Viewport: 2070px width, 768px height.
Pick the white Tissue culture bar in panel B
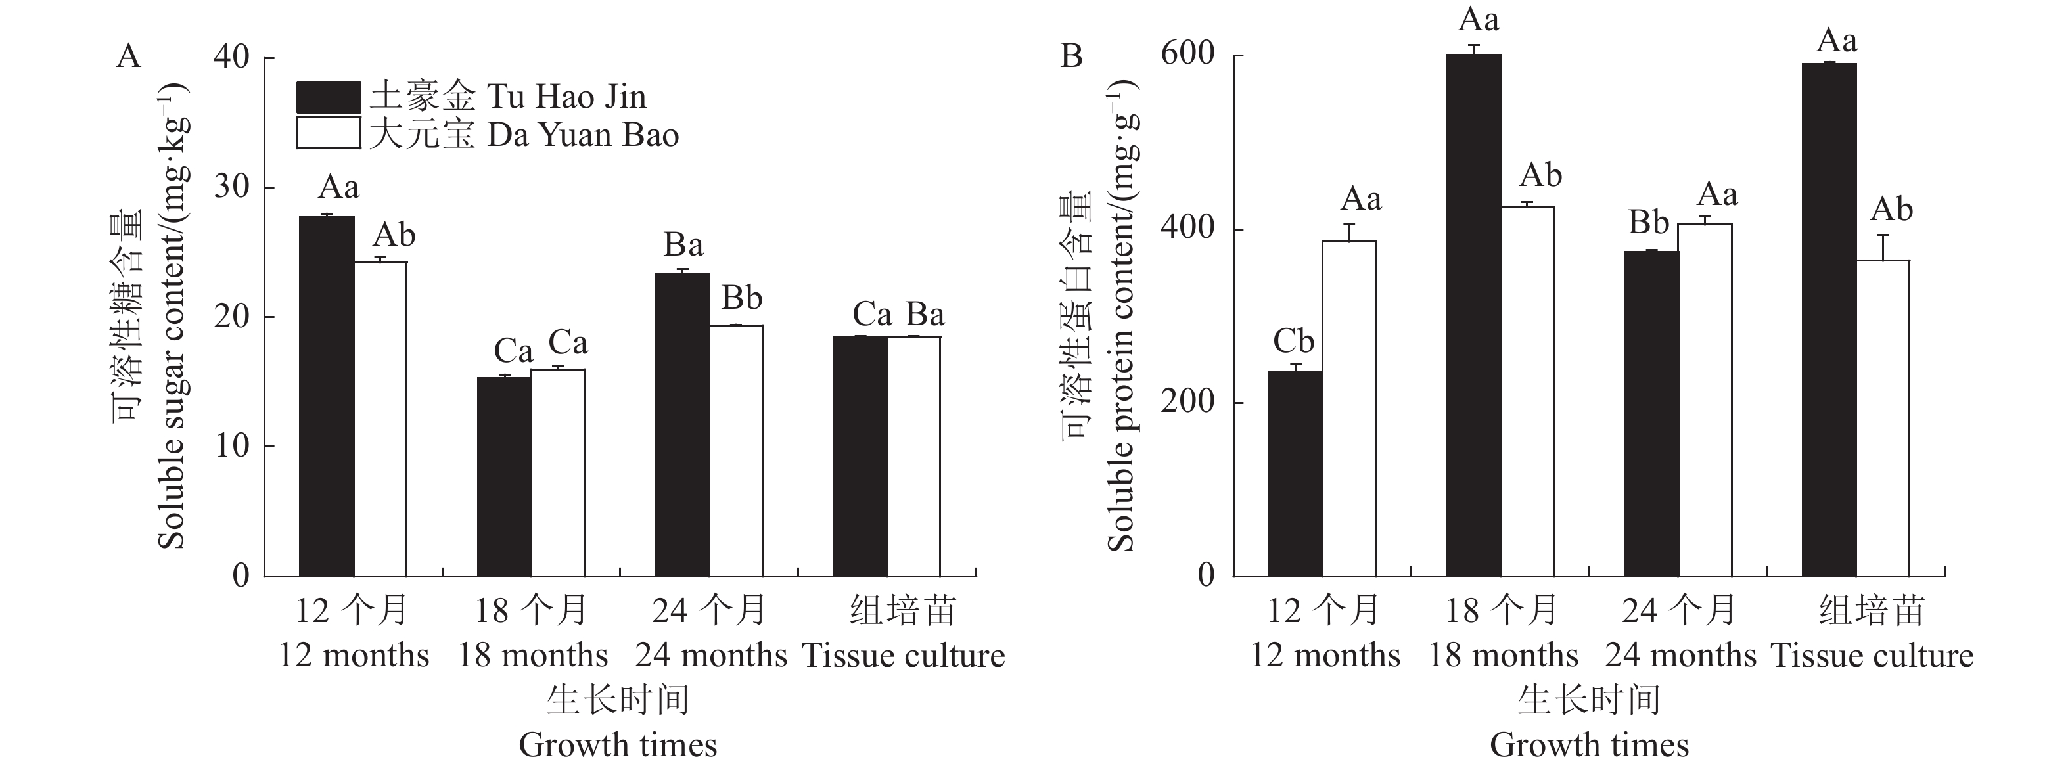1883,418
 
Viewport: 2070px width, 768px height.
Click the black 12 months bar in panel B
1295,473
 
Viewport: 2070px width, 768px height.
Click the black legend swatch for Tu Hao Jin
328,97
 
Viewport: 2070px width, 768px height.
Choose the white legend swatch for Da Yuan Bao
328,133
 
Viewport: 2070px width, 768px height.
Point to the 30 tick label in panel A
232,187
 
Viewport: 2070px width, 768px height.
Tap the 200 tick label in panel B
1187,401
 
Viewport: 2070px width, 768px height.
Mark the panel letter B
1072,57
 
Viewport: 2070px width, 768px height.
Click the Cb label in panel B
1293,342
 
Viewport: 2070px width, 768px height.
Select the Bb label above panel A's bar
741,298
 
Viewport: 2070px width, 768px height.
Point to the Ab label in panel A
394,235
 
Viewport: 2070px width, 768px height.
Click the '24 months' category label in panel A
710,656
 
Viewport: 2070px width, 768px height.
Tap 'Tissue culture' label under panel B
1872,656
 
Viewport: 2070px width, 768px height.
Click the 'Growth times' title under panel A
617,745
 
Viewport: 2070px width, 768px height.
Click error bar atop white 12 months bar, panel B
1349,232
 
